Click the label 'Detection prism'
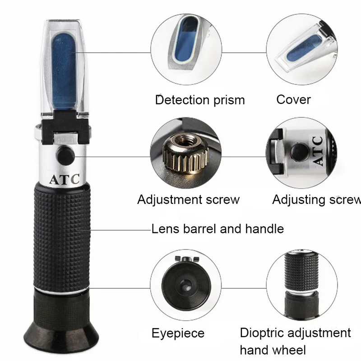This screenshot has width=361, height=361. click(199, 100)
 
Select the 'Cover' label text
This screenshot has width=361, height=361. click(293, 99)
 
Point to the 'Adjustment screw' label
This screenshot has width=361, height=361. click(188, 199)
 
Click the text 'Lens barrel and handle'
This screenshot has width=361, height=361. click(218, 229)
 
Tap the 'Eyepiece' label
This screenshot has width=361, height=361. click(178, 333)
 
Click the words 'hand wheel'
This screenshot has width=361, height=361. click(273, 349)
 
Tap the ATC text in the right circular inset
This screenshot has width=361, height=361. click(317, 151)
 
